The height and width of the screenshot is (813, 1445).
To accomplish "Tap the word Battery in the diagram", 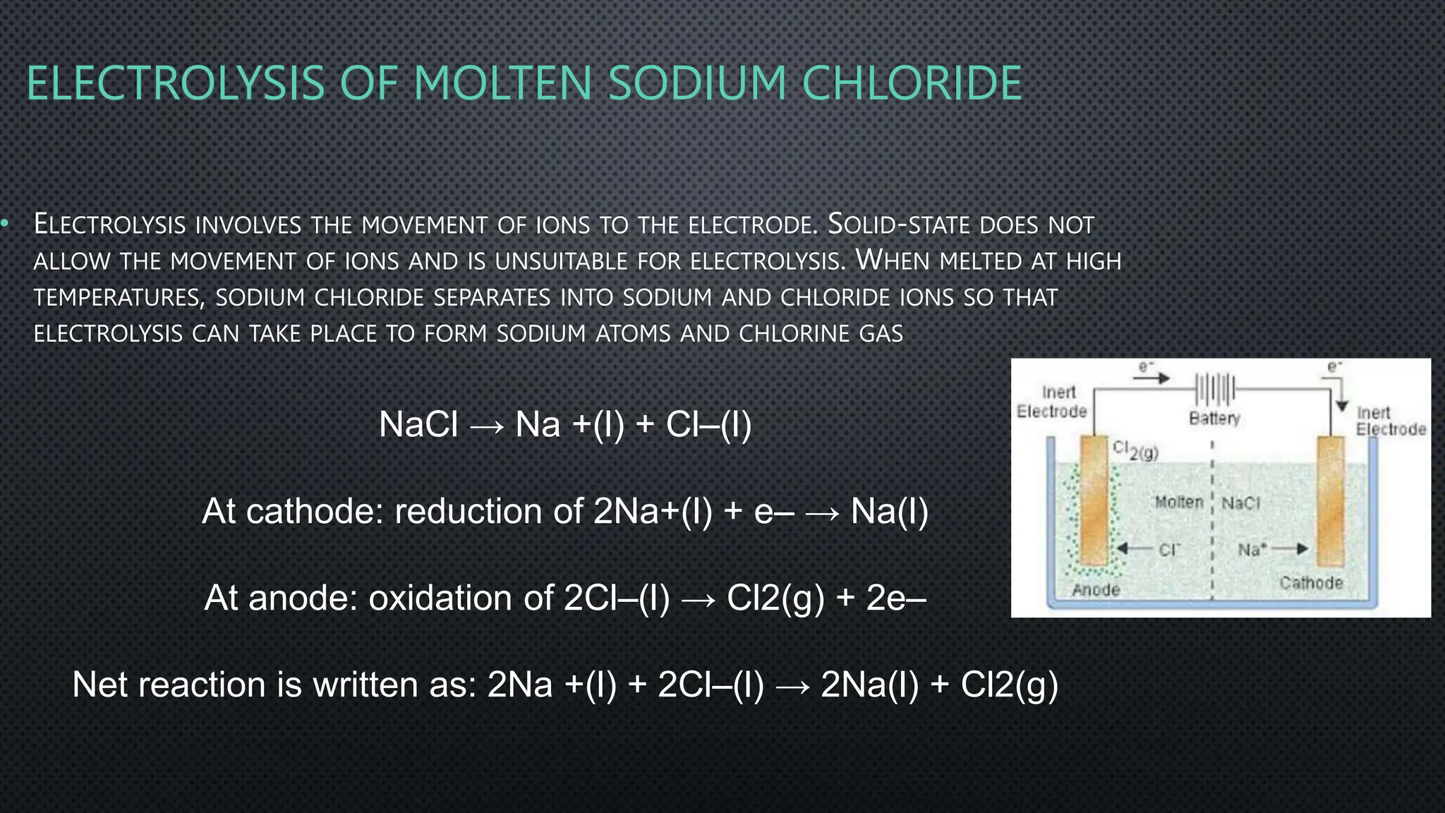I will click(1214, 418).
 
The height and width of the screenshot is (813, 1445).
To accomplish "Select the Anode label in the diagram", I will click(1096, 590).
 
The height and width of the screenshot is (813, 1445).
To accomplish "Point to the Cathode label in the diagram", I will click(1311, 583).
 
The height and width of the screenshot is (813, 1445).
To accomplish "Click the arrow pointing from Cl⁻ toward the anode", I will click(1133, 549).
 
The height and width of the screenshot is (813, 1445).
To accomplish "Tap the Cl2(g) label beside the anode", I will click(1135, 450).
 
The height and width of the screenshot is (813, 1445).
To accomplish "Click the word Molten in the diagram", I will click(1178, 502).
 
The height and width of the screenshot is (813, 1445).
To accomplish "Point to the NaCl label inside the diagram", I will click(1240, 503).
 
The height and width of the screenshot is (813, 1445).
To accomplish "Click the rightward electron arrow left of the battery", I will click(1150, 379).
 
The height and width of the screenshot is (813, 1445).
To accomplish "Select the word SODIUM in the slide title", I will click(696, 83).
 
